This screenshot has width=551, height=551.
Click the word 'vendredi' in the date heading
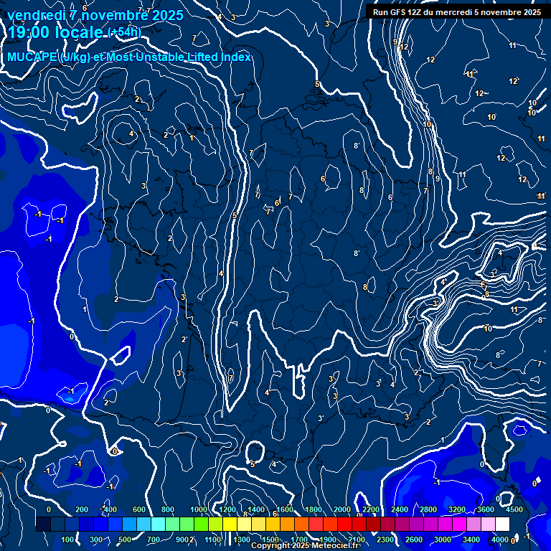[36, 14]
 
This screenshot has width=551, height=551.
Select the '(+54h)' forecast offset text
[124, 32]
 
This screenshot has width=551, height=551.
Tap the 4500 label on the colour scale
[514, 509]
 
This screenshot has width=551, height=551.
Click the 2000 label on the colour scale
[342, 509]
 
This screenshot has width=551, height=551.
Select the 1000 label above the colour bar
[198, 509]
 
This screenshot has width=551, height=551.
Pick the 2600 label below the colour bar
[414, 539]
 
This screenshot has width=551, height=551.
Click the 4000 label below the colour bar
[501, 539]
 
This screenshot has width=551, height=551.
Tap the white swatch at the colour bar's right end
[502, 524]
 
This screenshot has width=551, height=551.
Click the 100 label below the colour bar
[68, 539]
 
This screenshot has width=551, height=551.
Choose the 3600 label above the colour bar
[486, 509]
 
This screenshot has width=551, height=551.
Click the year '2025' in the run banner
[532, 12]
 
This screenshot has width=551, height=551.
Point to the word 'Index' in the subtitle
[236, 57]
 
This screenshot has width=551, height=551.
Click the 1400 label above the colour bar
[255, 509]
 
